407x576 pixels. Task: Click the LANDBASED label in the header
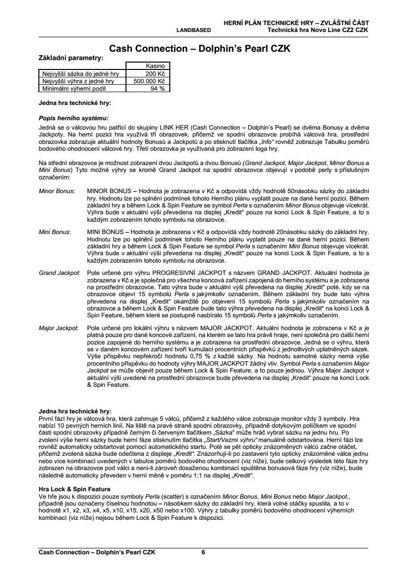coord(193,30)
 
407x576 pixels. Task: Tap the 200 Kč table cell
coord(157,73)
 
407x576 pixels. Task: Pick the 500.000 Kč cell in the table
coord(149,81)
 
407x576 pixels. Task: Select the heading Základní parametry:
coord(71,58)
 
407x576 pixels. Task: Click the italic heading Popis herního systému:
coord(73,118)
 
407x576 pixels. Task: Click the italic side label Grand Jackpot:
coord(59,272)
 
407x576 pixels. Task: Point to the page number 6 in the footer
coord(204,552)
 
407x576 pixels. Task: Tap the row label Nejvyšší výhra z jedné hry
coord(77,81)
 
